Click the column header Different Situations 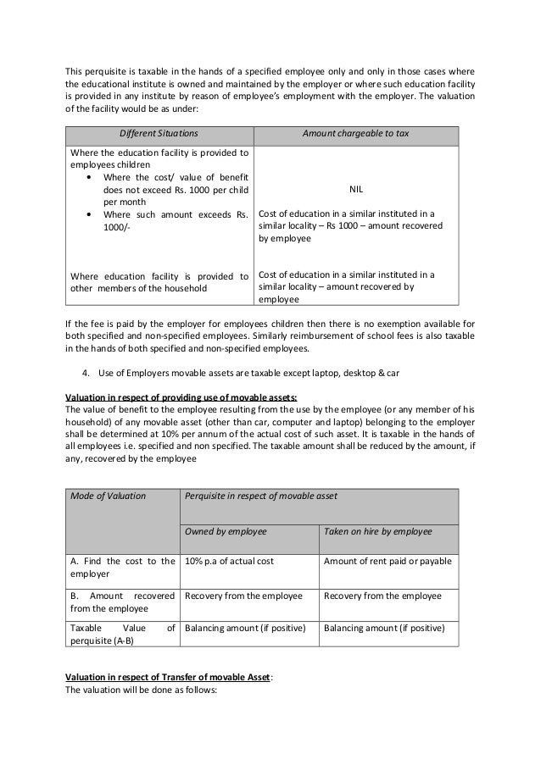[x=158, y=135]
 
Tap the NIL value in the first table [x=355, y=190]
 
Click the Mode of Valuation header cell [x=107, y=494]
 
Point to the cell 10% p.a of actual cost [x=229, y=561]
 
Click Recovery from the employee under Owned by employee [x=243, y=596]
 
